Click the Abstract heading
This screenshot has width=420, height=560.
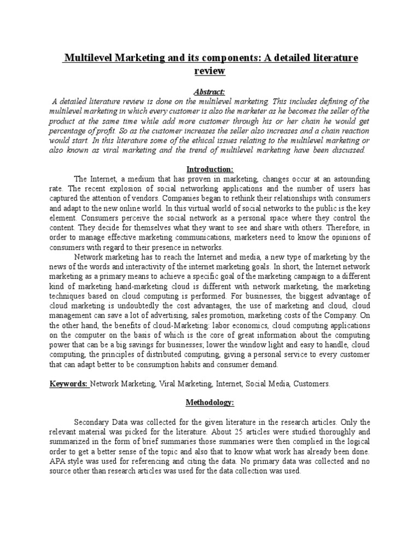click(209, 91)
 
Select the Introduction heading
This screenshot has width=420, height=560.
click(209, 170)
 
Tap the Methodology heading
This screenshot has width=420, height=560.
click(209, 403)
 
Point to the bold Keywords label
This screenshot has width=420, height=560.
click(69, 384)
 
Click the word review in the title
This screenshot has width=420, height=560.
click(209, 71)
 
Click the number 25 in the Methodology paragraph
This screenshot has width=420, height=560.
click(249, 432)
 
